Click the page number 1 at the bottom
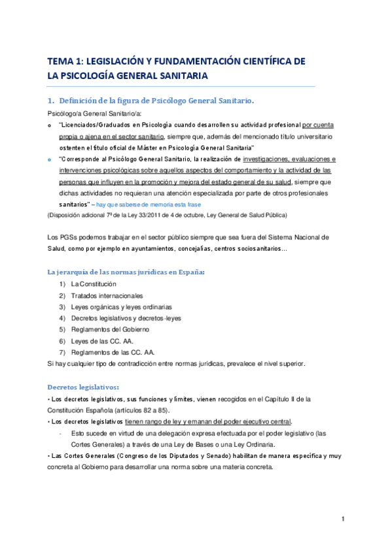(x=343, y=519)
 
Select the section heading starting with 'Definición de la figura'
(x=156, y=101)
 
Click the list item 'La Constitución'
(x=93, y=284)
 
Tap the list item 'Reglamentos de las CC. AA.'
(x=111, y=351)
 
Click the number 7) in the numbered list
(x=62, y=351)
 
